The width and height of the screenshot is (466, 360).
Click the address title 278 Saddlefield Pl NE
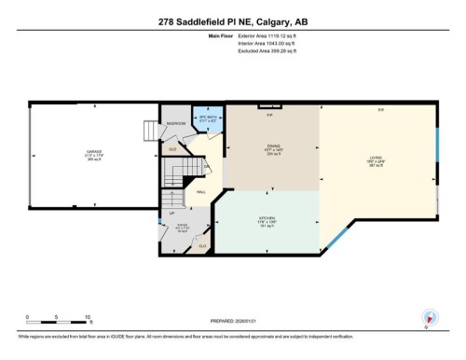point(232,23)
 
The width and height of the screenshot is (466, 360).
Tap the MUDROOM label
point(175,123)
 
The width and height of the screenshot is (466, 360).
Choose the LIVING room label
point(377,159)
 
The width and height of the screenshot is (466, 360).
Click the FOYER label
point(184,227)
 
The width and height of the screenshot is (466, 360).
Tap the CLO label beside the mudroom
point(172,147)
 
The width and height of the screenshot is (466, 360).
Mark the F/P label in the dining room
point(269,114)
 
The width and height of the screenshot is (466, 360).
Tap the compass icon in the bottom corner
point(430,318)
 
